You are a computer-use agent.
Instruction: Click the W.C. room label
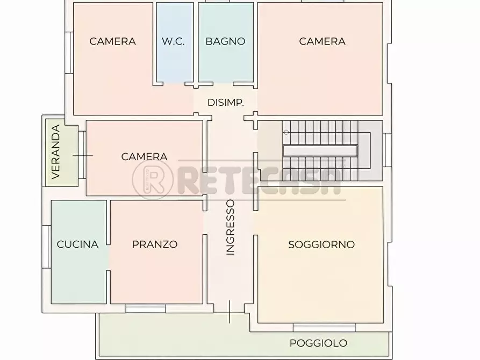(x=174, y=41)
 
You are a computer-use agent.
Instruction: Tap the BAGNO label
(x=225, y=41)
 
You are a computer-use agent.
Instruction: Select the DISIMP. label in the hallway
(x=226, y=102)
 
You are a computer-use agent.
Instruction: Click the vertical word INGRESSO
(x=231, y=227)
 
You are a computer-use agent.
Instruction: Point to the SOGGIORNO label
(x=321, y=244)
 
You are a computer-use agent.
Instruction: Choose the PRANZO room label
(x=155, y=244)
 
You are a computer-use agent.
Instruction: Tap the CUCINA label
(x=77, y=244)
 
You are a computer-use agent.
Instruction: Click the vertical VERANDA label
(x=55, y=152)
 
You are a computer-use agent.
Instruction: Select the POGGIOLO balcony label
(x=319, y=343)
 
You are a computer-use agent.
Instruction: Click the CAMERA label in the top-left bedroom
(x=113, y=41)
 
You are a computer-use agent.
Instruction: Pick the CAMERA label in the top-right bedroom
(x=322, y=41)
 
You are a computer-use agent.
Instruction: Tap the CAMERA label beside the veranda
(x=144, y=157)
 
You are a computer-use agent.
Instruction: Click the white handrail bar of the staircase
(x=320, y=151)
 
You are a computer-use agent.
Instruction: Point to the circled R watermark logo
(x=153, y=178)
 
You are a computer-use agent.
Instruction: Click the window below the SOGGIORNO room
(x=324, y=327)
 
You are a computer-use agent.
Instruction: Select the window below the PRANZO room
(x=145, y=308)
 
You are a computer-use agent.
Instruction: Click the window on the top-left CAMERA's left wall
(x=68, y=52)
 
